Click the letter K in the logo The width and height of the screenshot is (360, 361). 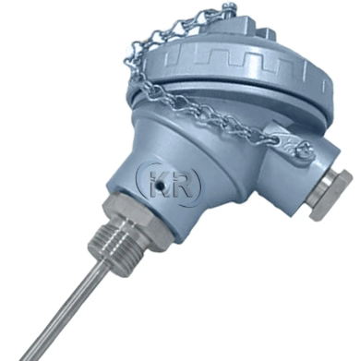(155, 184)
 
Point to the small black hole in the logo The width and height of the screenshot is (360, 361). (160, 186)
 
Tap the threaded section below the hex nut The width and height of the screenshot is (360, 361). (123, 247)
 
